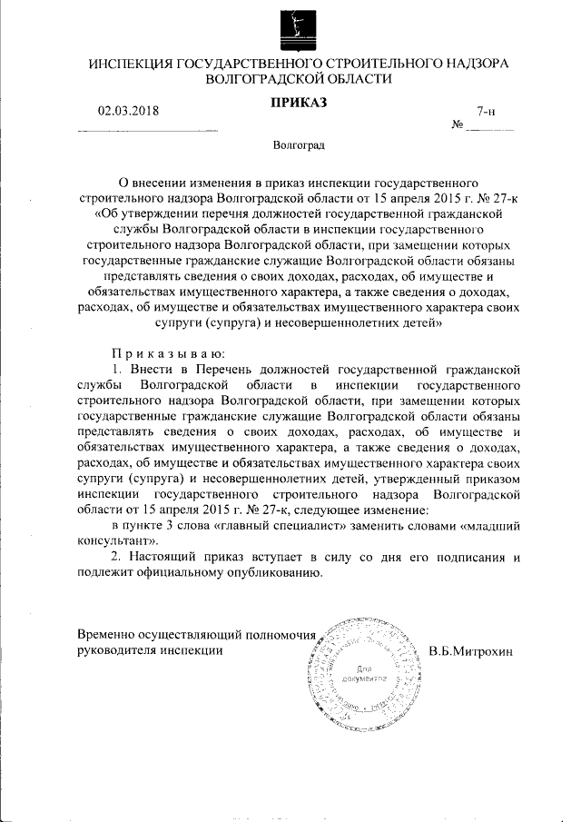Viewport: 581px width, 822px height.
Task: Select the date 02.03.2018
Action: pyautogui.click(x=128, y=112)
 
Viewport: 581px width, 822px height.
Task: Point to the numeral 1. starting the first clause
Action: pyautogui.click(x=116, y=370)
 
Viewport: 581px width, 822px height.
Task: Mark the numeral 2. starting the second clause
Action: pyautogui.click(x=116, y=557)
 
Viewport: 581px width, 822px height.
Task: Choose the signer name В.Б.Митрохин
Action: pyautogui.click(x=470, y=650)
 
